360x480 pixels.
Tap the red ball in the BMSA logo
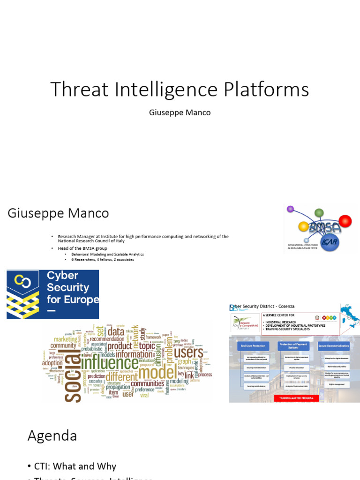pyautogui.click(x=345, y=221)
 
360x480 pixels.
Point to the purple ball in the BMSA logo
pyautogui.click(x=290, y=209)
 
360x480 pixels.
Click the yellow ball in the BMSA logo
pyautogui.click(x=303, y=227)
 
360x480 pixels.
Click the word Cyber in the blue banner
pyautogui.click(x=62, y=275)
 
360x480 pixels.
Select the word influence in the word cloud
pyautogui.click(x=109, y=362)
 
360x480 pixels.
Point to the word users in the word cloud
pyautogui.click(x=188, y=352)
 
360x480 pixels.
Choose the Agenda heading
pyautogui.click(x=52, y=435)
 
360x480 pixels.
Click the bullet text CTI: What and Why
pyautogui.click(x=75, y=466)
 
